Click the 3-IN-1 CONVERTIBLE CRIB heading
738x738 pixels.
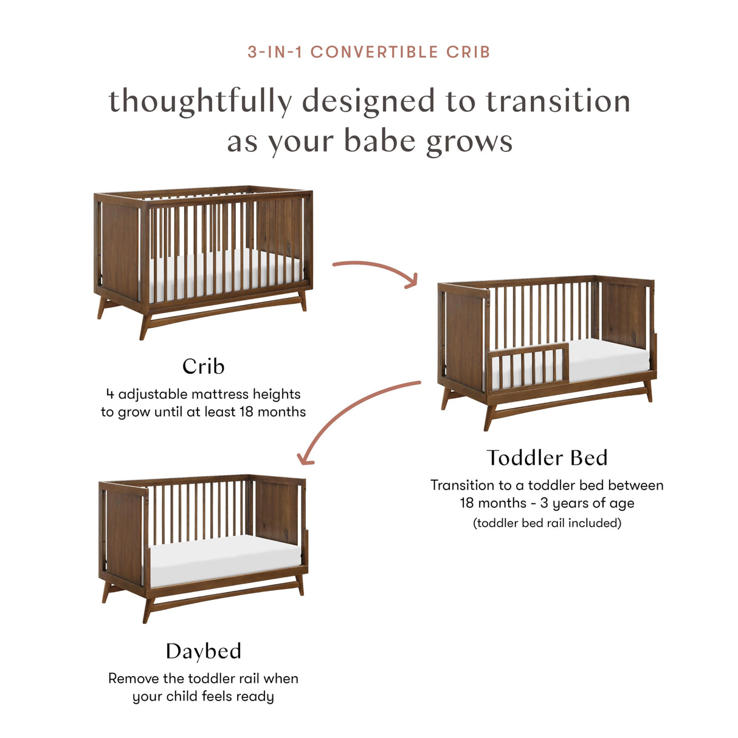369,52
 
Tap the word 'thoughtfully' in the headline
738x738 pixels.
200,101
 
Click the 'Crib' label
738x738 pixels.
203,366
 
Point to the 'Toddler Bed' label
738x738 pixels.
547,457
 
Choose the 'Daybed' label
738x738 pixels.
203,651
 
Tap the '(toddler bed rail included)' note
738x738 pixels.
547,523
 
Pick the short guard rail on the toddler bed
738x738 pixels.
528,364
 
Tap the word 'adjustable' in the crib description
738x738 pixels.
153,394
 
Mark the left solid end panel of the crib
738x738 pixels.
120,249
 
